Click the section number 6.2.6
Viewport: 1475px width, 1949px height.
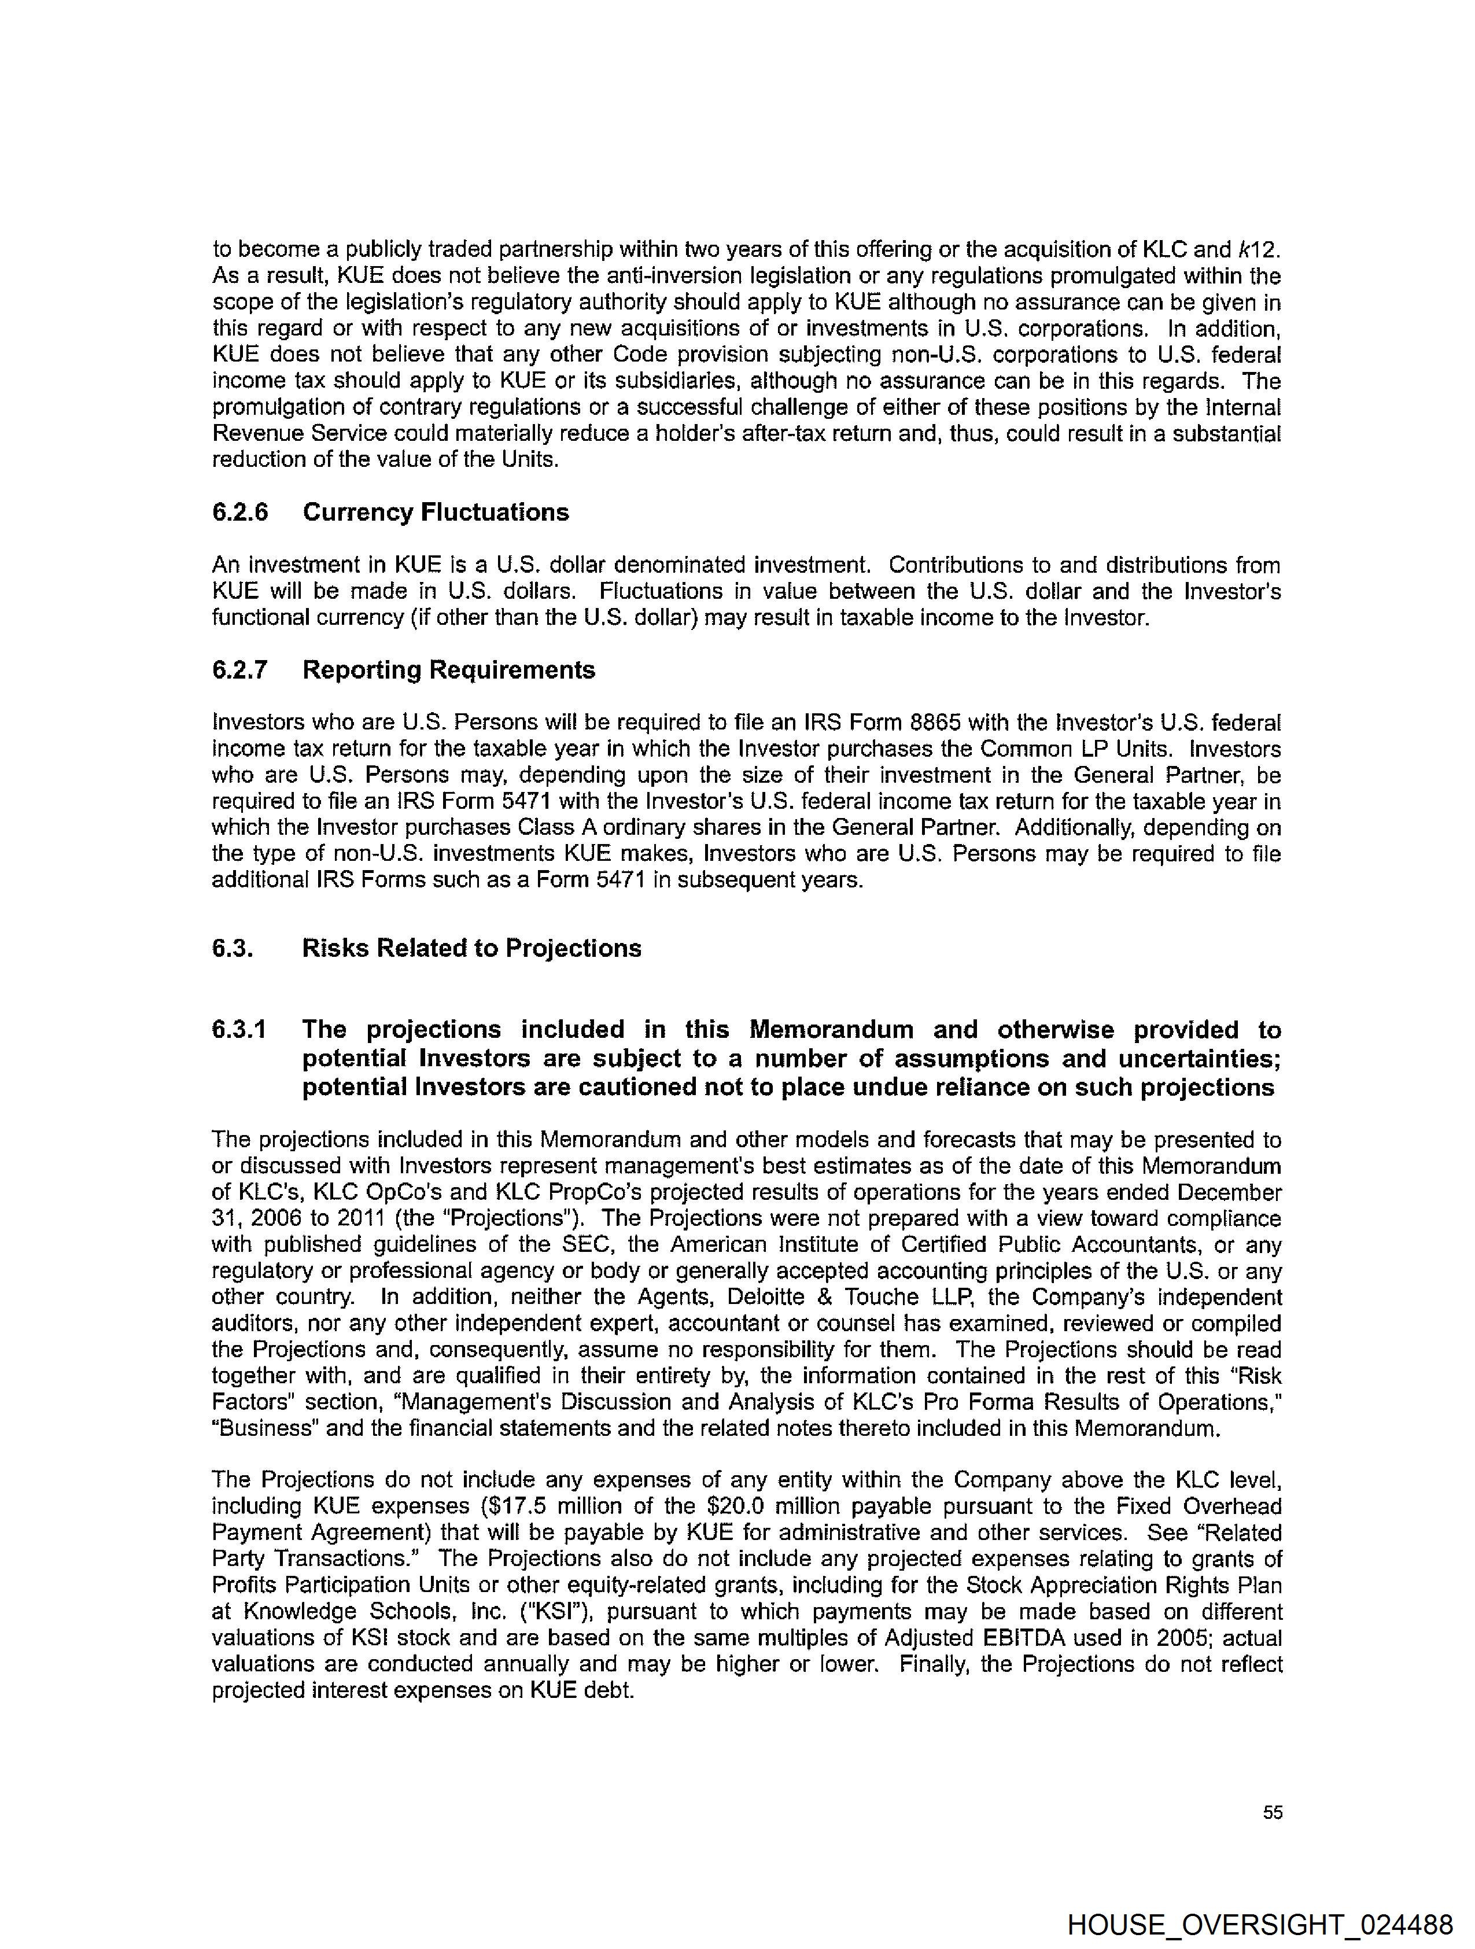(239, 512)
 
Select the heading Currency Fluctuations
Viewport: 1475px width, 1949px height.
(436, 512)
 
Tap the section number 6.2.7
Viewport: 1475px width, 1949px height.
(239, 670)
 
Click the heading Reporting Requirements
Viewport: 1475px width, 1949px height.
(448, 670)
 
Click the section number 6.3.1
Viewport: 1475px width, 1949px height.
(239, 1029)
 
